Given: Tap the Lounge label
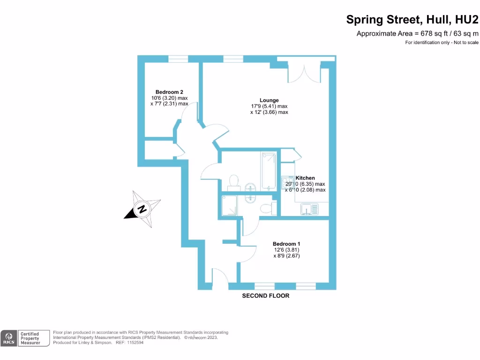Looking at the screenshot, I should pyautogui.click(x=269, y=100).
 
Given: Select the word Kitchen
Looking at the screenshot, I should pyautogui.click(x=305, y=178).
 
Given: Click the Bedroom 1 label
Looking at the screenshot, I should pyautogui.click(x=286, y=244).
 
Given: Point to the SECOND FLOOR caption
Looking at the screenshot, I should pyautogui.click(x=265, y=296).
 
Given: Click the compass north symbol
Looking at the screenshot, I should pyautogui.click(x=141, y=209).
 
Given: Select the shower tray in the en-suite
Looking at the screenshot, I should pyautogui.click(x=229, y=206).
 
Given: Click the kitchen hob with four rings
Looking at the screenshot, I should pyautogui.click(x=285, y=182).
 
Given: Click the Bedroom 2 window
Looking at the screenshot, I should pyautogui.click(x=178, y=59).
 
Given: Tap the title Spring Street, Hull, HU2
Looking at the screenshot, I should pyautogui.click(x=412, y=20).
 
